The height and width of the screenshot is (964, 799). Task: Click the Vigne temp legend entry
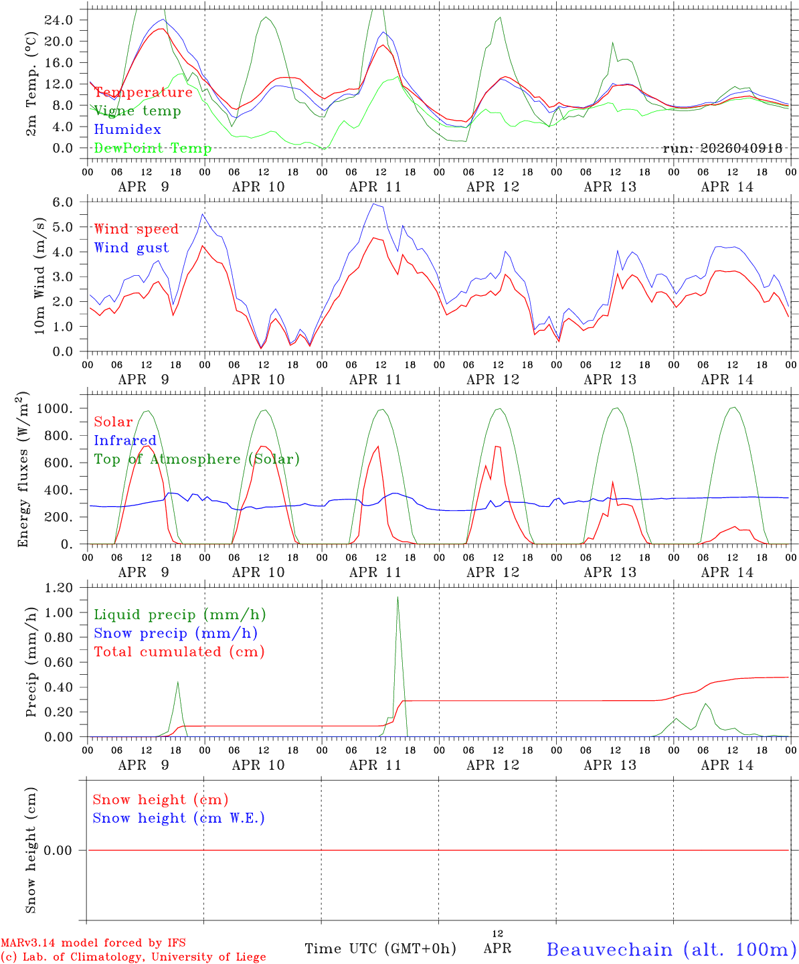click(137, 111)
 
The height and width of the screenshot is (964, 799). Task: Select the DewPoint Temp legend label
click(153, 149)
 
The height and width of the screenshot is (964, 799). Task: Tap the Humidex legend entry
click(127, 130)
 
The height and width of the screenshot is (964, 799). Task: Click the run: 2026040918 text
click(722, 149)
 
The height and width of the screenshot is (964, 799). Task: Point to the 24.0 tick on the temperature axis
click(59, 20)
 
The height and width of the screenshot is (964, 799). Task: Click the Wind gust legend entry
click(131, 248)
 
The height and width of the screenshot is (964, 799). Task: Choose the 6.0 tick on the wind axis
click(62, 202)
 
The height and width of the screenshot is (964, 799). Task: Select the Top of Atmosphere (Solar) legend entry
click(197, 459)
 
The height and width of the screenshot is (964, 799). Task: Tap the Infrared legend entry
click(125, 440)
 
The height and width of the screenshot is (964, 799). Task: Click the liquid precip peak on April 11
click(397, 597)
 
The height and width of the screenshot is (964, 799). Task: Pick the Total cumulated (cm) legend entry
click(179, 652)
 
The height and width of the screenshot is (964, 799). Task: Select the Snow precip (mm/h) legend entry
click(175, 633)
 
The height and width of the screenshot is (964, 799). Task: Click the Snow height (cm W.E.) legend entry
click(179, 818)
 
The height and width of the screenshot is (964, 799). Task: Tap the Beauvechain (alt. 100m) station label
click(671, 949)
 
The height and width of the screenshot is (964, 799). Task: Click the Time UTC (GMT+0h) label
click(380, 949)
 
